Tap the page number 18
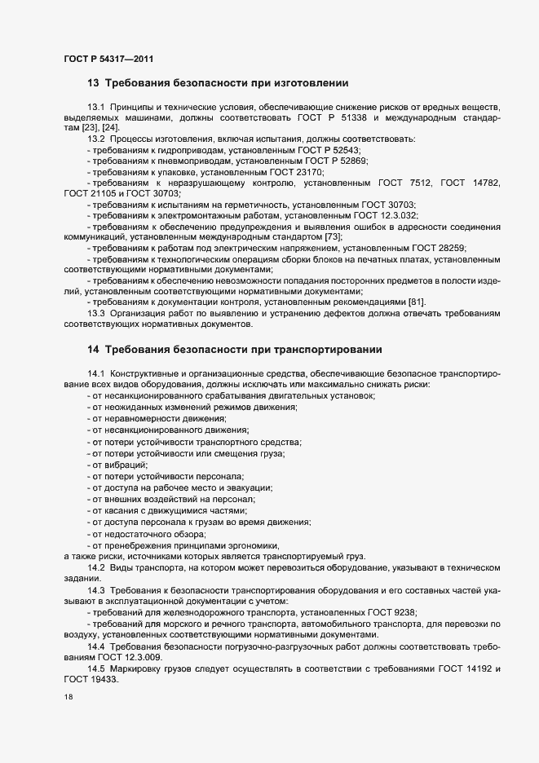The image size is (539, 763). coord(68,698)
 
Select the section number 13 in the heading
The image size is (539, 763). coord(93,83)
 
